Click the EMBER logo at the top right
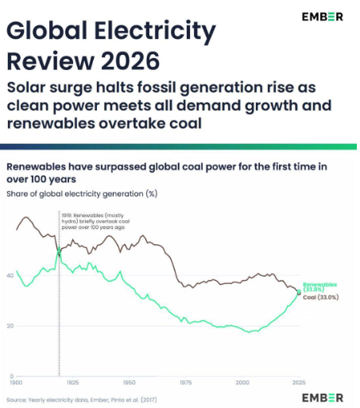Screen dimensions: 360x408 point(323,17)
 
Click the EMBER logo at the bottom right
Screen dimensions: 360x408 point(323,398)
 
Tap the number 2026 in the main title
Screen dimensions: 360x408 point(130,61)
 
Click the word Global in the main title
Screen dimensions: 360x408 point(47,29)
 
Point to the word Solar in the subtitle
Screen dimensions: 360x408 point(26,87)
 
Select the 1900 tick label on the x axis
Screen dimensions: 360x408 point(16,383)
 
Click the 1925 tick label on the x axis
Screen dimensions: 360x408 point(72,383)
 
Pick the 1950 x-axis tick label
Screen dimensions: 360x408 point(130,383)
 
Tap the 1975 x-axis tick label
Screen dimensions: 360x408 point(186,383)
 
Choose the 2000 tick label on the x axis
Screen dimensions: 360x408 point(242,383)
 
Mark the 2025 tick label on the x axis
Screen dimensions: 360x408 point(299,383)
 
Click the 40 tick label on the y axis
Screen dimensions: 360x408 point(10,276)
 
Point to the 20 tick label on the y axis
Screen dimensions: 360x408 point(10,326)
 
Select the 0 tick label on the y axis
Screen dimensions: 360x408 point(11,376)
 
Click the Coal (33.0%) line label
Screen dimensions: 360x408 point(321,297)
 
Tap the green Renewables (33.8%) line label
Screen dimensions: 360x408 point(320,287)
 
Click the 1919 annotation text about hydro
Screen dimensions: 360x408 point(95,221)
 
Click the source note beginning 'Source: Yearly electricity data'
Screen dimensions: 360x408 point(82,400)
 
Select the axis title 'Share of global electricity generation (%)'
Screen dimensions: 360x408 point(82,194)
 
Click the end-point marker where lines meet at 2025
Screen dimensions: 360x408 point(299,292)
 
